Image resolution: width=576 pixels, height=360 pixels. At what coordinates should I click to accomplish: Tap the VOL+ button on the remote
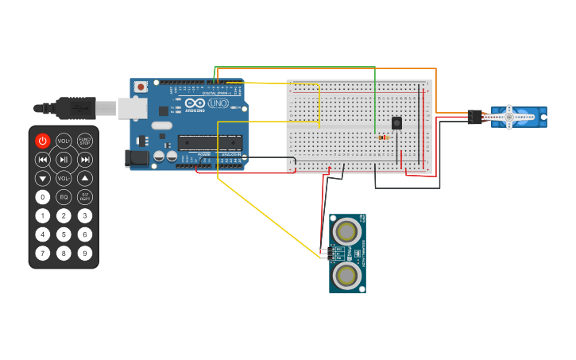[x=64, y=141]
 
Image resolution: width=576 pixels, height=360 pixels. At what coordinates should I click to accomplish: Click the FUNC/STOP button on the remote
[x=85, y=141]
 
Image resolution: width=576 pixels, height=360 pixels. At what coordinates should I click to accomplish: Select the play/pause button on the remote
[x=64, y=160]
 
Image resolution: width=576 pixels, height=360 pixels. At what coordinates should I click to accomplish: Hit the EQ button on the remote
[x=64, y=197]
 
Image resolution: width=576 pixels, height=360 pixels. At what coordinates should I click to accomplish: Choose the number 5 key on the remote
[x=64, y=234]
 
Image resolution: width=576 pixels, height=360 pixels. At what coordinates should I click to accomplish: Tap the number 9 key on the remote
[x=85, y=254]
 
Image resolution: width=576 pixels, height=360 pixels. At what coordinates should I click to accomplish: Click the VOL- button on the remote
[x=64, y=179]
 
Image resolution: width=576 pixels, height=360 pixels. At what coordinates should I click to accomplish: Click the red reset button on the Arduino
[x=141, y=87]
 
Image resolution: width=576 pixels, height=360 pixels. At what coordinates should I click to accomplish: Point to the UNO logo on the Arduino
[x=218, y=103]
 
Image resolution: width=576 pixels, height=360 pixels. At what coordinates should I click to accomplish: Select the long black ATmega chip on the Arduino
[x=210, y=142]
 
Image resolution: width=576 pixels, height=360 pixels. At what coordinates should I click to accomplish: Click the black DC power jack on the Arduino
[x=138, y=158]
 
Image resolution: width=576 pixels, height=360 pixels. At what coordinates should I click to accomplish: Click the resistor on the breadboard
[x=385, y=137]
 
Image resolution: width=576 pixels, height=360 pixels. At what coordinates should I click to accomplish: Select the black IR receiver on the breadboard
[x=396, y=122]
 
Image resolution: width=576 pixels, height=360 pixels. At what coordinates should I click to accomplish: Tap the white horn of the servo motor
[x=514, y=117]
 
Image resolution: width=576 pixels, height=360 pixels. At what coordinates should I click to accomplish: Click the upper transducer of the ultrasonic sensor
[x=346, y=231]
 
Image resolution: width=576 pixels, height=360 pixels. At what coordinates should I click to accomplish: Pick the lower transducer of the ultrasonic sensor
[x=346, y=276]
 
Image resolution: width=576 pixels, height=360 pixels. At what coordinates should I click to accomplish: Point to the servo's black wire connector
[x=474, y=117]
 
